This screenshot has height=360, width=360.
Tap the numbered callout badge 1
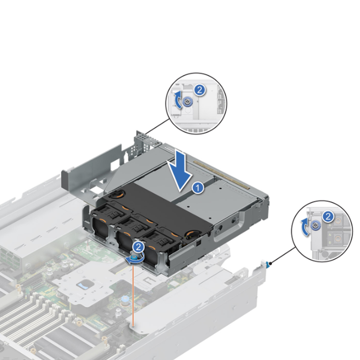(x=197, y=188)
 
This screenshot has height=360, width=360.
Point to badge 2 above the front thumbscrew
(x=139, y=246)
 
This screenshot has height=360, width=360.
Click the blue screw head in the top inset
(x=188, y=103)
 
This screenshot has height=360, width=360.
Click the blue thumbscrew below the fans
(x=136, y=258)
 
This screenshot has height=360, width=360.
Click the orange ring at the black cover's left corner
(x=118, y=194)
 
